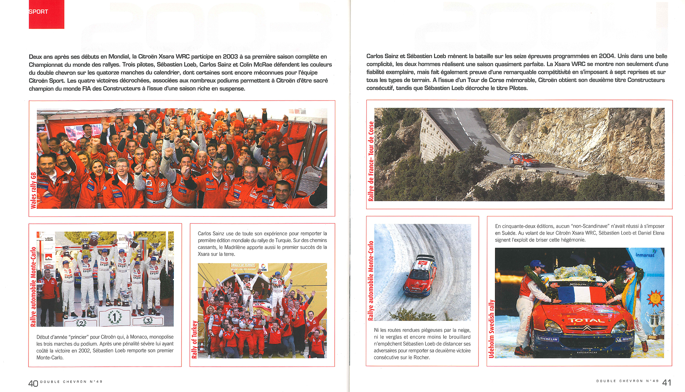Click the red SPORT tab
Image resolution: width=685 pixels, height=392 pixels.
coord(46,14)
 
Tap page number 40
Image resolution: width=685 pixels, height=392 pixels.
coord(33,383)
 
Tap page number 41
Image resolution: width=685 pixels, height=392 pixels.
coord(667,383)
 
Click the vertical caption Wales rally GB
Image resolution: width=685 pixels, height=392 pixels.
coord(34,190)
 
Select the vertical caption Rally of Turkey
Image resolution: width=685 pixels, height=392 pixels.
coord(195,339)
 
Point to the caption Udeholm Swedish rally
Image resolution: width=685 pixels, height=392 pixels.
coord(491,329)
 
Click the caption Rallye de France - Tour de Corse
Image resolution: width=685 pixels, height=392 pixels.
coord(371,161)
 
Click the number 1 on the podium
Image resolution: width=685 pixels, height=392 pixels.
coord(114,317)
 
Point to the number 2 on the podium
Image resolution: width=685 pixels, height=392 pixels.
coord(81,323)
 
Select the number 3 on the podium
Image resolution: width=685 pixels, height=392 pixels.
coord(148,321)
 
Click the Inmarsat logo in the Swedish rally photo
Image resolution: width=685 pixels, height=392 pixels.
coord(645,255)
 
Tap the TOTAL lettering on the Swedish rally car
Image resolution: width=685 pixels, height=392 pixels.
coord(586,321)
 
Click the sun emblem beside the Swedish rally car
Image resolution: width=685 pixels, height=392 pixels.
coord(655,298)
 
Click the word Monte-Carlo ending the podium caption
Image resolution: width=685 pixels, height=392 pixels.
coord(50,357)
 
